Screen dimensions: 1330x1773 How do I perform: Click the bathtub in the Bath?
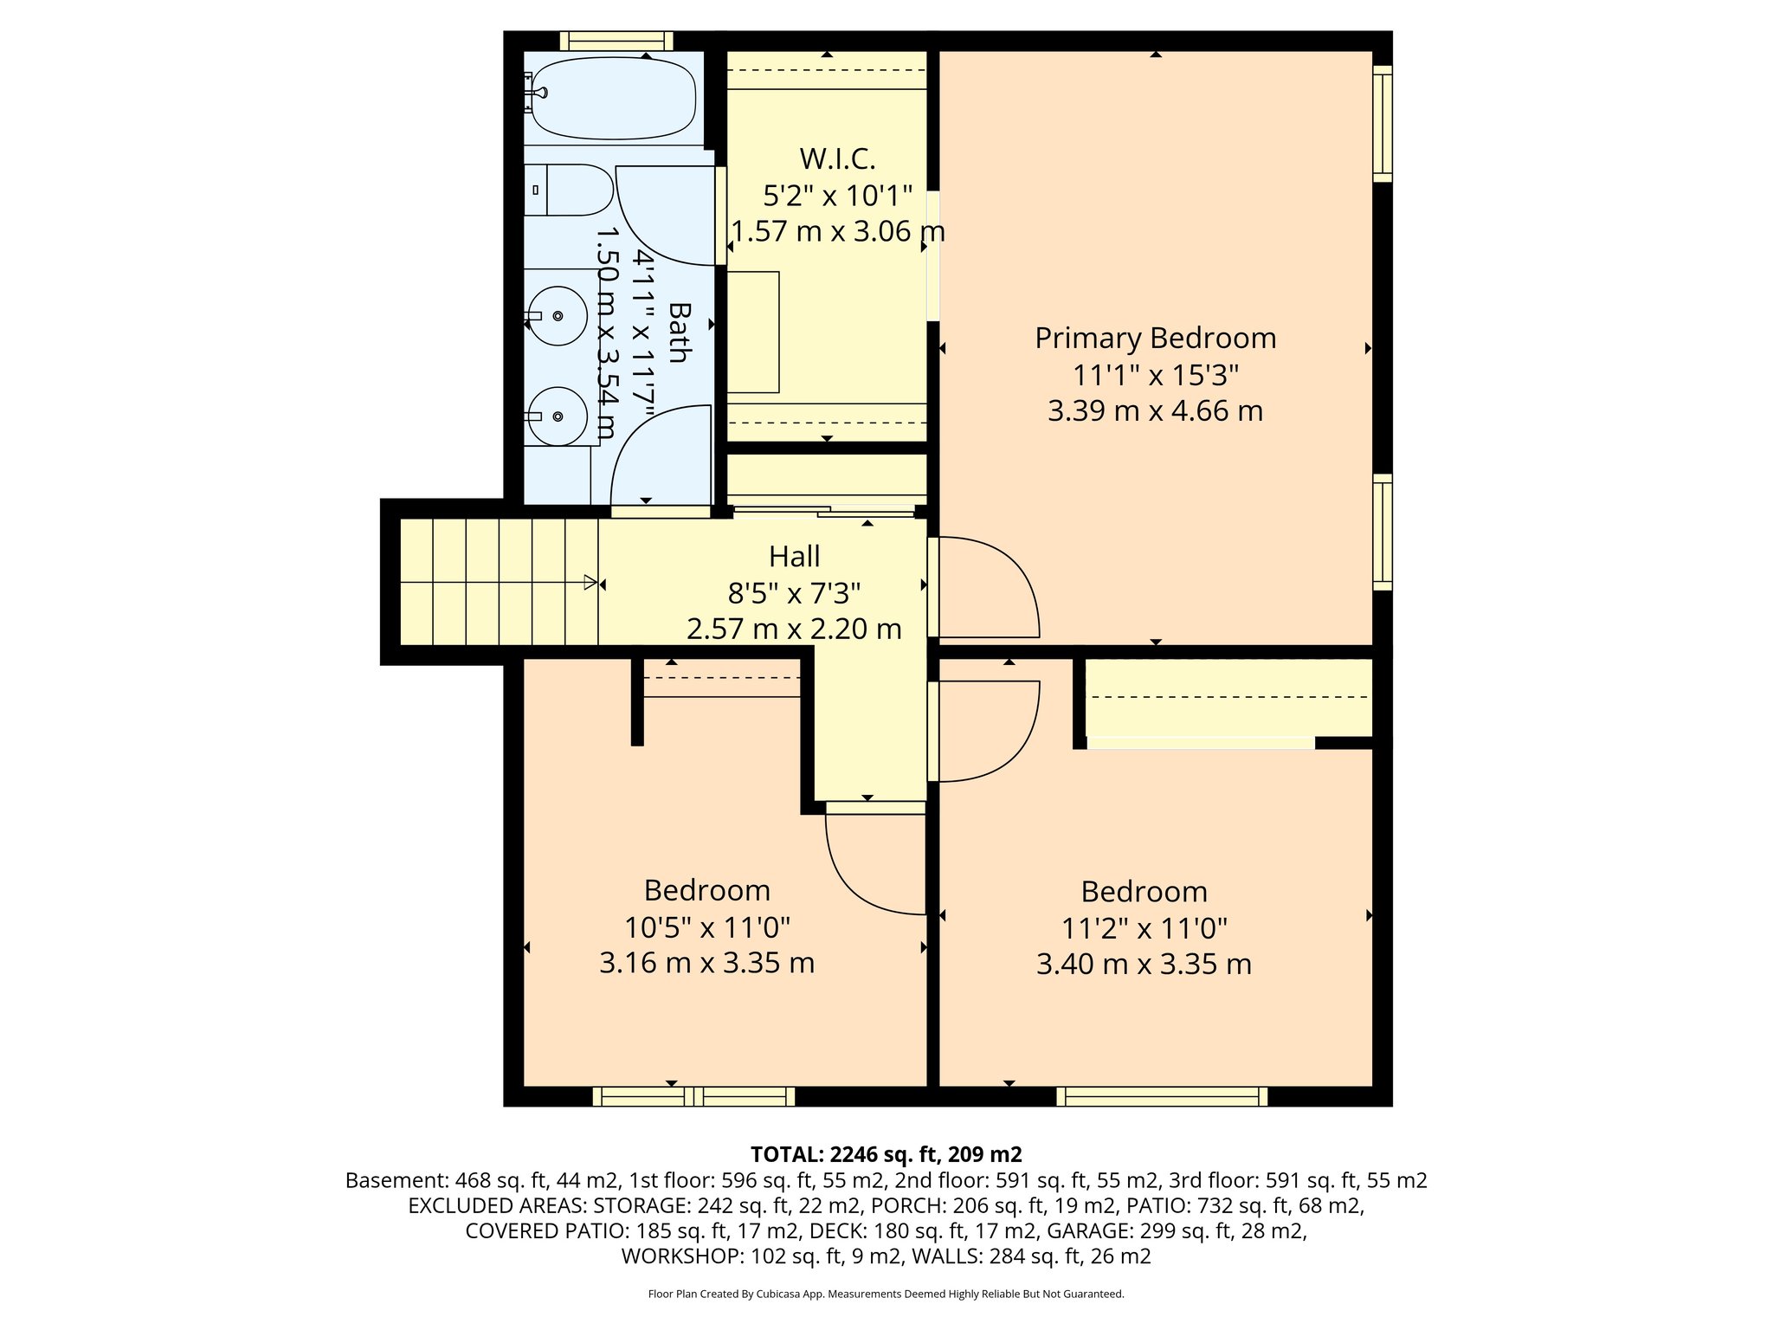click(613, 98)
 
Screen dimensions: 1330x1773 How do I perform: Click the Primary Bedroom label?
click(1155, 338)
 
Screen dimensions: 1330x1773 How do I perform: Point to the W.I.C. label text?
click(837, 159)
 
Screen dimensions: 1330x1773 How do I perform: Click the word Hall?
click(794, 556)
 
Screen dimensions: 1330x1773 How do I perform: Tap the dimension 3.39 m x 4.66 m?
click(1155, 410)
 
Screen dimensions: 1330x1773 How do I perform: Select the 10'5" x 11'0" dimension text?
click(707, 928)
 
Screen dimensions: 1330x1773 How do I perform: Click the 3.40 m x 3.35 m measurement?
click(1144, 964)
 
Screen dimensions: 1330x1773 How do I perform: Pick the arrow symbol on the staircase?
click(590, 583)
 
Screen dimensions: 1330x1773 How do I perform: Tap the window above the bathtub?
click(616, 41)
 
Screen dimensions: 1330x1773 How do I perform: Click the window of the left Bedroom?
click(693, 1097)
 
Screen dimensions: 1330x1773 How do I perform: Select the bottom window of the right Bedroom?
click(1162, 1097)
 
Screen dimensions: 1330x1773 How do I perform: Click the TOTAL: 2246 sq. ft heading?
click(886, 1154)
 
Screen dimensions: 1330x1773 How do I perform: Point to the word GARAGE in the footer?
click(1086, 1230)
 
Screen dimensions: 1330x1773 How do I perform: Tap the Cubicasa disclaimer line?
click(886, 1294)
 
